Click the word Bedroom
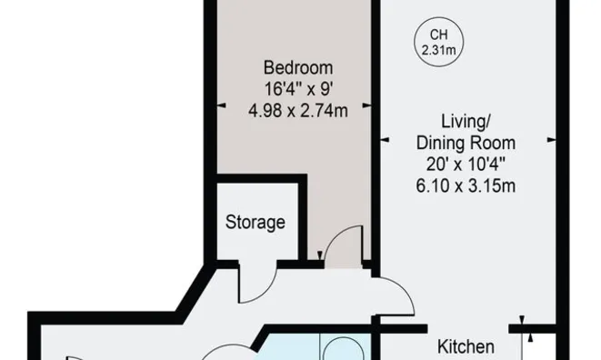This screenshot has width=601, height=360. point(298,68)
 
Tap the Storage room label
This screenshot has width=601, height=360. point(255,223)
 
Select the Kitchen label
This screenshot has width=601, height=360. point(466,346)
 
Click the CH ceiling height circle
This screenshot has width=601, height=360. point(438,17)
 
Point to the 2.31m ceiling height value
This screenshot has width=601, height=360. point(438,50)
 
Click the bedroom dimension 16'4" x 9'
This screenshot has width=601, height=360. point(298,89)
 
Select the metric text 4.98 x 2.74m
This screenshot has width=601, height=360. point(298,111)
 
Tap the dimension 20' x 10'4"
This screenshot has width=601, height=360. point(466,165)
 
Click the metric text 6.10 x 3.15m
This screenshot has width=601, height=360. point(466,186)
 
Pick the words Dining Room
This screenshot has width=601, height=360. point(466,143)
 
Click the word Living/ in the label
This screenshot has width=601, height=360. point(466,122)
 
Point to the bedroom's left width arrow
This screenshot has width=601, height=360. point(222,105)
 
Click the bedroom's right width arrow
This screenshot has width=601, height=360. point(366,105)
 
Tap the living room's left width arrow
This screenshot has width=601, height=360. point(385,140)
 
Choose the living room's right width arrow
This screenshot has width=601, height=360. point(551,140)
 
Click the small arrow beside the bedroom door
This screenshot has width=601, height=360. point(320,255)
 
